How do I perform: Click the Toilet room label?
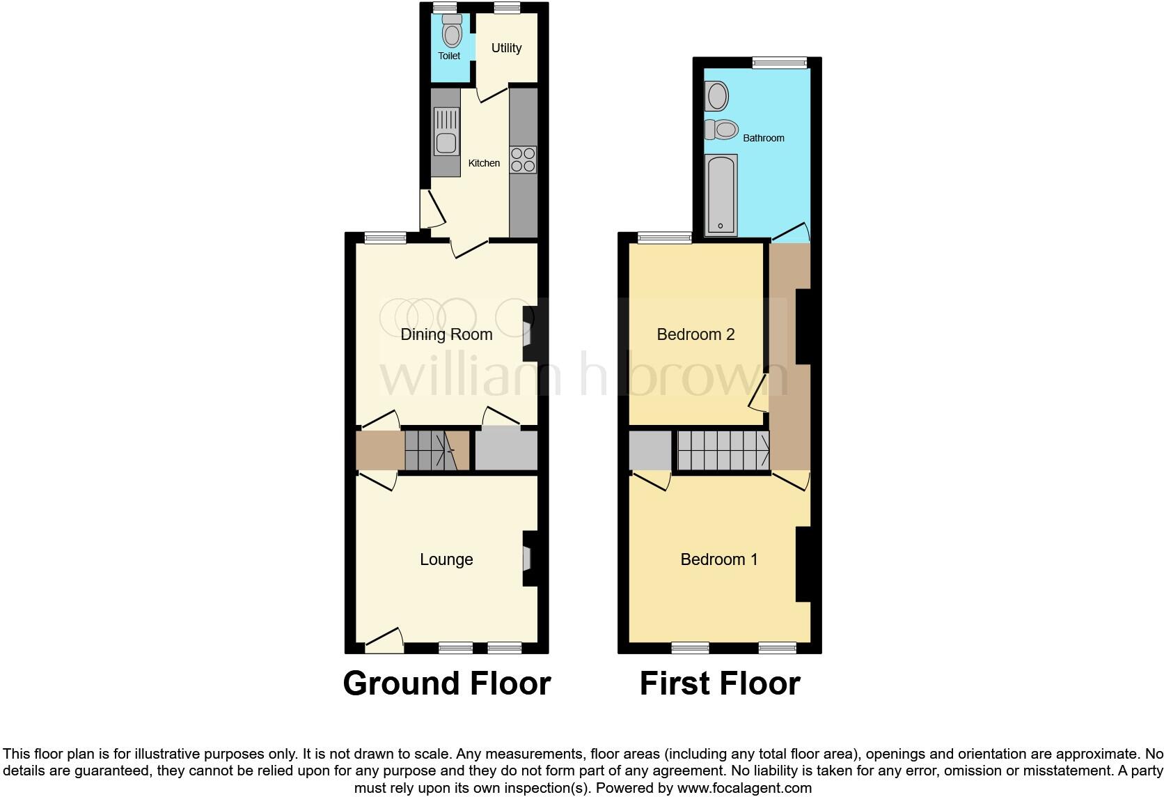449,56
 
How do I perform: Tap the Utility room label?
506,48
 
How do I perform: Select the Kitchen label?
484,163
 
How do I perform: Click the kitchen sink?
446,131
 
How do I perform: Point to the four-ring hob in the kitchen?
524,160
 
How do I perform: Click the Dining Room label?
446,334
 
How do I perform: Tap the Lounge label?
446,559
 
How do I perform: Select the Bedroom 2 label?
695,334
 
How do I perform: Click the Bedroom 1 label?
719,559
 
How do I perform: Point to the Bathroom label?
763,138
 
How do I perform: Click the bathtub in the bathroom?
721,194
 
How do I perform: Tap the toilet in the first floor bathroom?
721,130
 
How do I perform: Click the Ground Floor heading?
446,683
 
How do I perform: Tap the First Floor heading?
720,683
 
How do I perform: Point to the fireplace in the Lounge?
527,559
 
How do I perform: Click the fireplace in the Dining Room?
527,334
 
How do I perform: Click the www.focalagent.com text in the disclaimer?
744,789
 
